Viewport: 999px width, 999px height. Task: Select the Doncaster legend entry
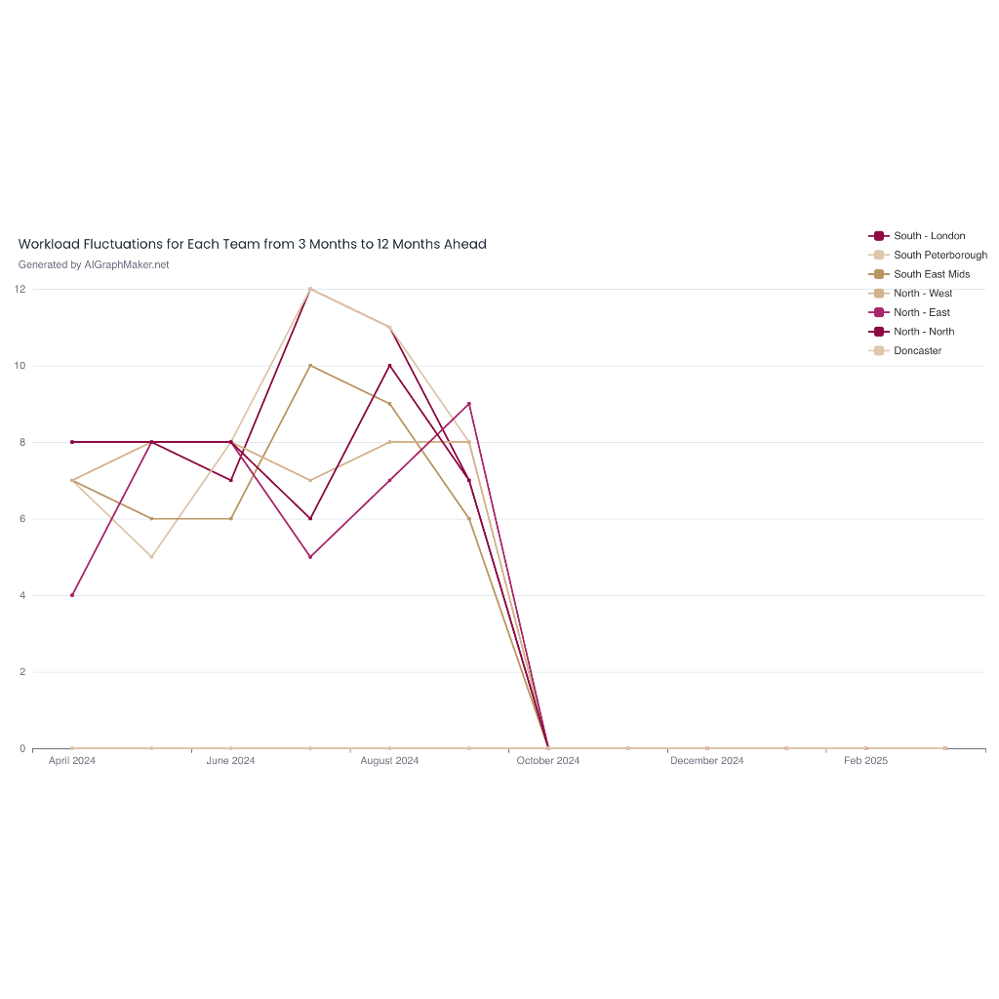pyautogui.click(x=917, y=350)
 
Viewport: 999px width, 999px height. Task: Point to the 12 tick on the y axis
pyautogui.click(x=20, y=289)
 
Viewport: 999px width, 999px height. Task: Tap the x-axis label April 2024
pyautogui.click(x=72, y=761)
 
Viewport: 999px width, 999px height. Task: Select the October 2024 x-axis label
pyautogui.click(x=548, y=761)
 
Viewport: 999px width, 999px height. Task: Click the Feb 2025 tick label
pyautogui.click(x=865, y=761)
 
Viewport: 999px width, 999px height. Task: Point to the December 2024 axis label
pyautogui.click(x=706, y=761)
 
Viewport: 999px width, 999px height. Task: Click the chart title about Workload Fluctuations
pyautogui.click(x=252, y=244)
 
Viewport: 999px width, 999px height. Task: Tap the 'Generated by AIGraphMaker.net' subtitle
pyautogui.click(x=94, y=264)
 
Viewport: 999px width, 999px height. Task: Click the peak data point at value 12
pyautogui.click(x=310, y=289)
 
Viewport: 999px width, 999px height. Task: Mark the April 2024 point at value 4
pyautogui.click(x=72, y=595)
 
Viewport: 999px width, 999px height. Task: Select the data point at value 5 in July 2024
pyautogui.click(x=310, y=557)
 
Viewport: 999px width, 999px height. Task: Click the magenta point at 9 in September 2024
pyautogui.click(x=469, y=404)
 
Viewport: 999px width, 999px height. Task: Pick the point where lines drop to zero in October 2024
pyautogui.click(x=548, y=748)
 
